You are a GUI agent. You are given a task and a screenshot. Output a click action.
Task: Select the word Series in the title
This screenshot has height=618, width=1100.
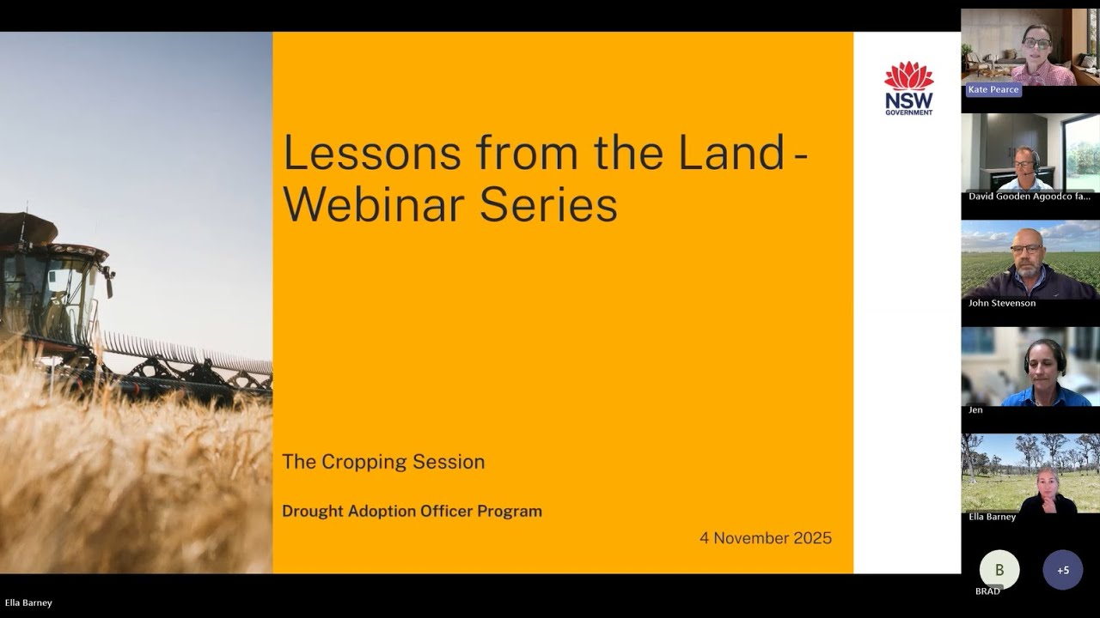(548, 206)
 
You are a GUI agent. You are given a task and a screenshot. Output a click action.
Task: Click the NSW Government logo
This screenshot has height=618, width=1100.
(908, 88)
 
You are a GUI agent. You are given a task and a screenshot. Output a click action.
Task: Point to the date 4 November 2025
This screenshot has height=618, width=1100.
(765, 538)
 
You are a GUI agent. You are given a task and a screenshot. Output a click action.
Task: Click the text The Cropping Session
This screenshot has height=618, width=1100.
(383, 462)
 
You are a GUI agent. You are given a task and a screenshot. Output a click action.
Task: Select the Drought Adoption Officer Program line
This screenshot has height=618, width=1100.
(412, 512)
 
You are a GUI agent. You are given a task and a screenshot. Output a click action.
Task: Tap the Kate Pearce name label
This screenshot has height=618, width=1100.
(993, 89)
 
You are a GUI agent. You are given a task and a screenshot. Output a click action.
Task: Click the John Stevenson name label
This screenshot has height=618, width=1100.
(1002, 303)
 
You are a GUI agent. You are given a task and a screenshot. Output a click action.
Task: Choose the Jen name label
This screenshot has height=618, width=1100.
(975, 410)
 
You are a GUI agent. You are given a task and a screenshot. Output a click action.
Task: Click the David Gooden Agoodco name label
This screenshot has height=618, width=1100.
(1029, 197)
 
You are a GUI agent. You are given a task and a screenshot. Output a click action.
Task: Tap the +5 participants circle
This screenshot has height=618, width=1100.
(1062, 570)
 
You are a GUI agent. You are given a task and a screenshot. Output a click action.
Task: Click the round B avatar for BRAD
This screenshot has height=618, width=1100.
(999, 569)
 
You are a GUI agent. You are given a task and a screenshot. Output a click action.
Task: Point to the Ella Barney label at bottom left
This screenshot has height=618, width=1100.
(28, 603)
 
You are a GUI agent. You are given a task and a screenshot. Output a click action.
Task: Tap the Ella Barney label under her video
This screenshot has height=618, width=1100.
(992, 517)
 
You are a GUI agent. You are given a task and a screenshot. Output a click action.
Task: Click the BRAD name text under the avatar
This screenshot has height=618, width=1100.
(987, 591)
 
